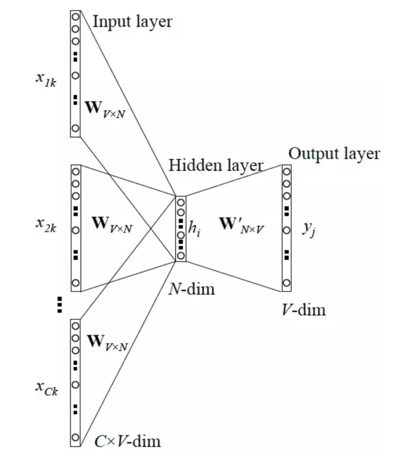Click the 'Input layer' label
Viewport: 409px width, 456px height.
tap(132, 22)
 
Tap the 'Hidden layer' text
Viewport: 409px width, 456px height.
tap(216, 165)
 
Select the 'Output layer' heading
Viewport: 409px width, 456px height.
tap(334, 153)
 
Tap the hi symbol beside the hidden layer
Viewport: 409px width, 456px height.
tap(194, 228)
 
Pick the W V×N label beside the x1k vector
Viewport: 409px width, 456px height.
tap(105, 109)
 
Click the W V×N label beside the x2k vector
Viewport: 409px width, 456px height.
tap(112, 224)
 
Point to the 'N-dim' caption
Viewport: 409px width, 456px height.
tap(191, 289)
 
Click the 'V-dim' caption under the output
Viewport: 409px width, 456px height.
tap(303, 310)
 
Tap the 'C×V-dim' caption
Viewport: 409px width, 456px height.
tap(128, 441)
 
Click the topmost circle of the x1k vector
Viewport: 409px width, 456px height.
tap(75, 16)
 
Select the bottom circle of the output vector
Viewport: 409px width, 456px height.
tap(286, 283)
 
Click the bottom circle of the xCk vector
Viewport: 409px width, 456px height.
tap(75, 437)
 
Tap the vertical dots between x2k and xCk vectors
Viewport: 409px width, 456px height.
tap(60, 305)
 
